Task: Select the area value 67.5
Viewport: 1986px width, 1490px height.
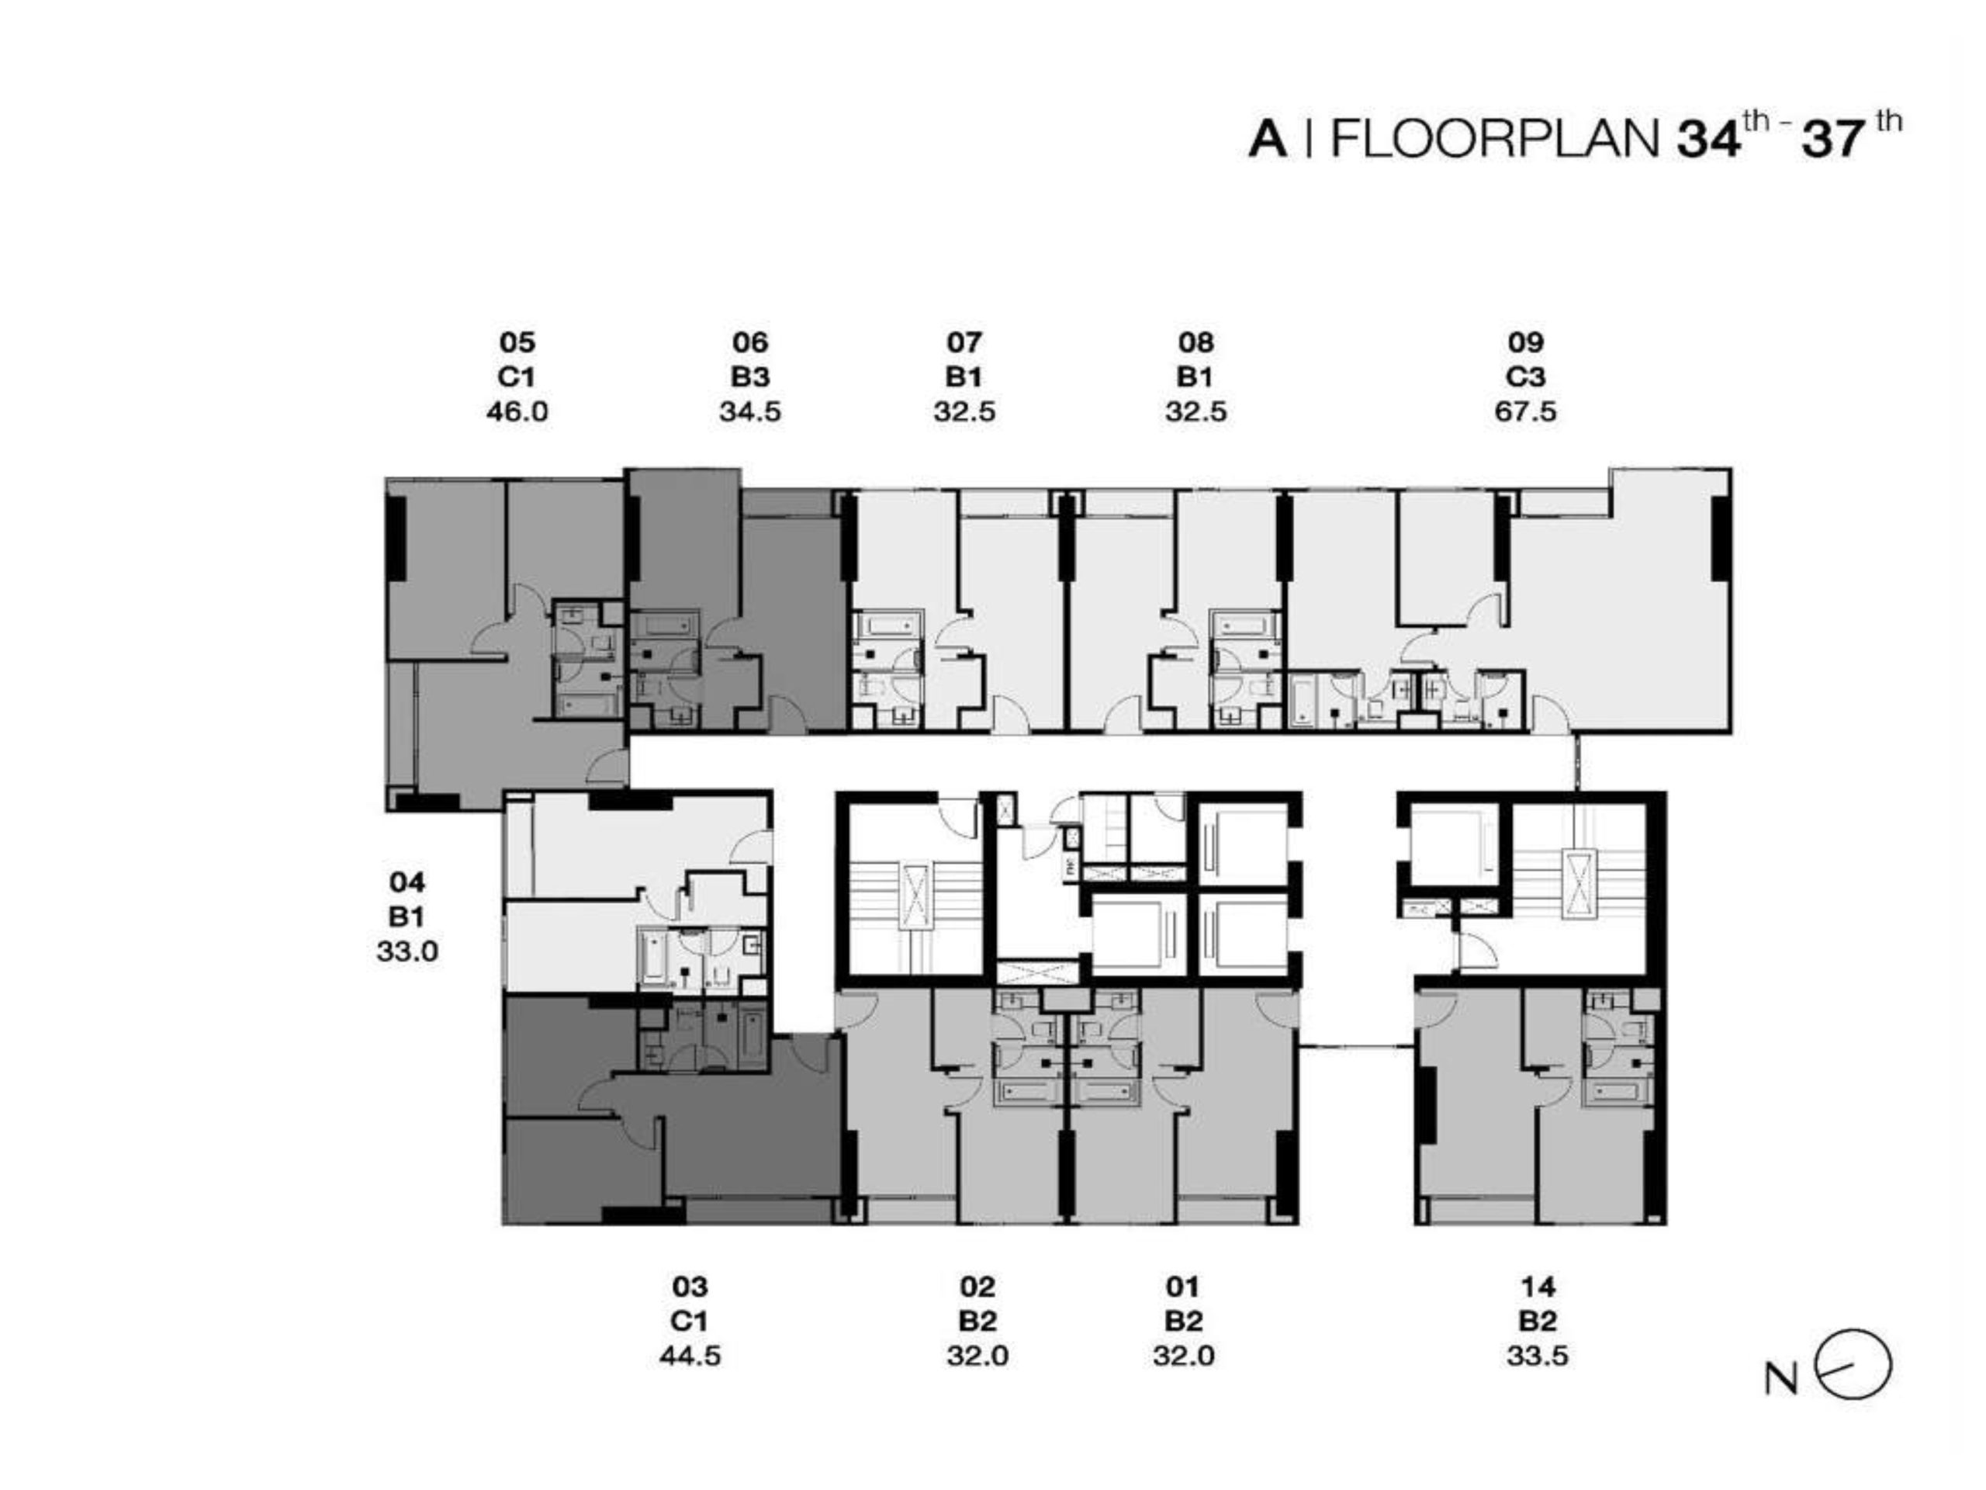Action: click(1525, 412)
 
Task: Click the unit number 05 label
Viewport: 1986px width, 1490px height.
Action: click(517, 342)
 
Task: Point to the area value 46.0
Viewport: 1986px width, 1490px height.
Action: click(517, 412)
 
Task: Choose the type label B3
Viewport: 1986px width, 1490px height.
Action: click(749, 377)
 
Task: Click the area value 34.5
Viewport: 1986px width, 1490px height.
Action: click(749, 412)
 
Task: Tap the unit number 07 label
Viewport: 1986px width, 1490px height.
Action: click(964, 342)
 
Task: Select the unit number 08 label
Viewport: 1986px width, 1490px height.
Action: click(1196, 342)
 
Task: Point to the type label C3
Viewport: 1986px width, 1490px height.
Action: click(1525, 377)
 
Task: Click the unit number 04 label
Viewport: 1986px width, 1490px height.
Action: click(407, 882)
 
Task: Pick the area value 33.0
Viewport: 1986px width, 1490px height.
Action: click(407, 951)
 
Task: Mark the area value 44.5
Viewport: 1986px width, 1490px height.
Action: click(690, 1355)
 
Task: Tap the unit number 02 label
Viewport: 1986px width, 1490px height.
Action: click(977, 1287)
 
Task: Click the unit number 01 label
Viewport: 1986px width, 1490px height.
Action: click(1183, 1287)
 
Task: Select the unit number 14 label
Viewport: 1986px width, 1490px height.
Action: click(1538, 1287)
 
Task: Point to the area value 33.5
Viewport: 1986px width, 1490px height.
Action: click(1538, 1355)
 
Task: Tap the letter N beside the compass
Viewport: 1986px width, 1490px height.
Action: click(1782, 1381)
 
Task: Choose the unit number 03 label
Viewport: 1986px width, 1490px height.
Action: click(690, 1287)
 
